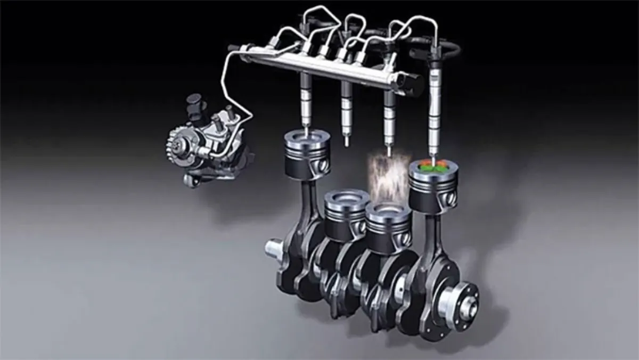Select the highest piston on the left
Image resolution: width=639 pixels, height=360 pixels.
(306, 154)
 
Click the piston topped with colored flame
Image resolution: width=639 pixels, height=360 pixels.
(433, 186)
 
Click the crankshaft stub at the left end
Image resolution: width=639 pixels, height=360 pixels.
(274, 248)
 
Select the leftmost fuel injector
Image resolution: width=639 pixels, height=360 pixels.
(306, 99)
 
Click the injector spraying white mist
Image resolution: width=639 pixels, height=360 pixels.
(389, 117)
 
